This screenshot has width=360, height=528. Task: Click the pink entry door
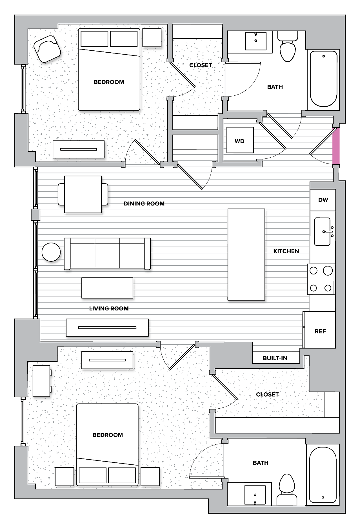[336, 146]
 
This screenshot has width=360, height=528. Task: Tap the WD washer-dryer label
[239, 141]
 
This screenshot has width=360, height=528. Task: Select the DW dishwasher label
[323, 200]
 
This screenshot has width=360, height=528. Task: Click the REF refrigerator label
[320, 331]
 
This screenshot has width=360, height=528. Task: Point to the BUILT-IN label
[275, 358]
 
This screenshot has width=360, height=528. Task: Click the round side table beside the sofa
[51, 252]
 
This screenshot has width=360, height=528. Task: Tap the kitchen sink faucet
[328, 231]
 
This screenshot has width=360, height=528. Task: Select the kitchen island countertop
[246, 254]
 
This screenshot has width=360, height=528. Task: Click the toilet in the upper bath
[288, 49]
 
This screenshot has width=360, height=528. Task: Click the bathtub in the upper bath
[323, 79]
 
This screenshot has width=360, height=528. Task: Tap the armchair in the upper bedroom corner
[47, 49]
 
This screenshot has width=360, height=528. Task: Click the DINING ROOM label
[144, 203]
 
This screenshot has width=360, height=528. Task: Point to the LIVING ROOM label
[109, 308]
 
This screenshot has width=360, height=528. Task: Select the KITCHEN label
[286, 251]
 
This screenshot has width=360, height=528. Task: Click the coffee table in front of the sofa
[107, 288]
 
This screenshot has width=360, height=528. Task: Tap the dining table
[83, 194]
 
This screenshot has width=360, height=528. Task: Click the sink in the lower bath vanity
[255, 495]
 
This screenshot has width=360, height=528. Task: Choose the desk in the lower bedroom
[41, 381]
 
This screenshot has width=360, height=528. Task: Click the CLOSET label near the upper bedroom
[200, 65]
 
